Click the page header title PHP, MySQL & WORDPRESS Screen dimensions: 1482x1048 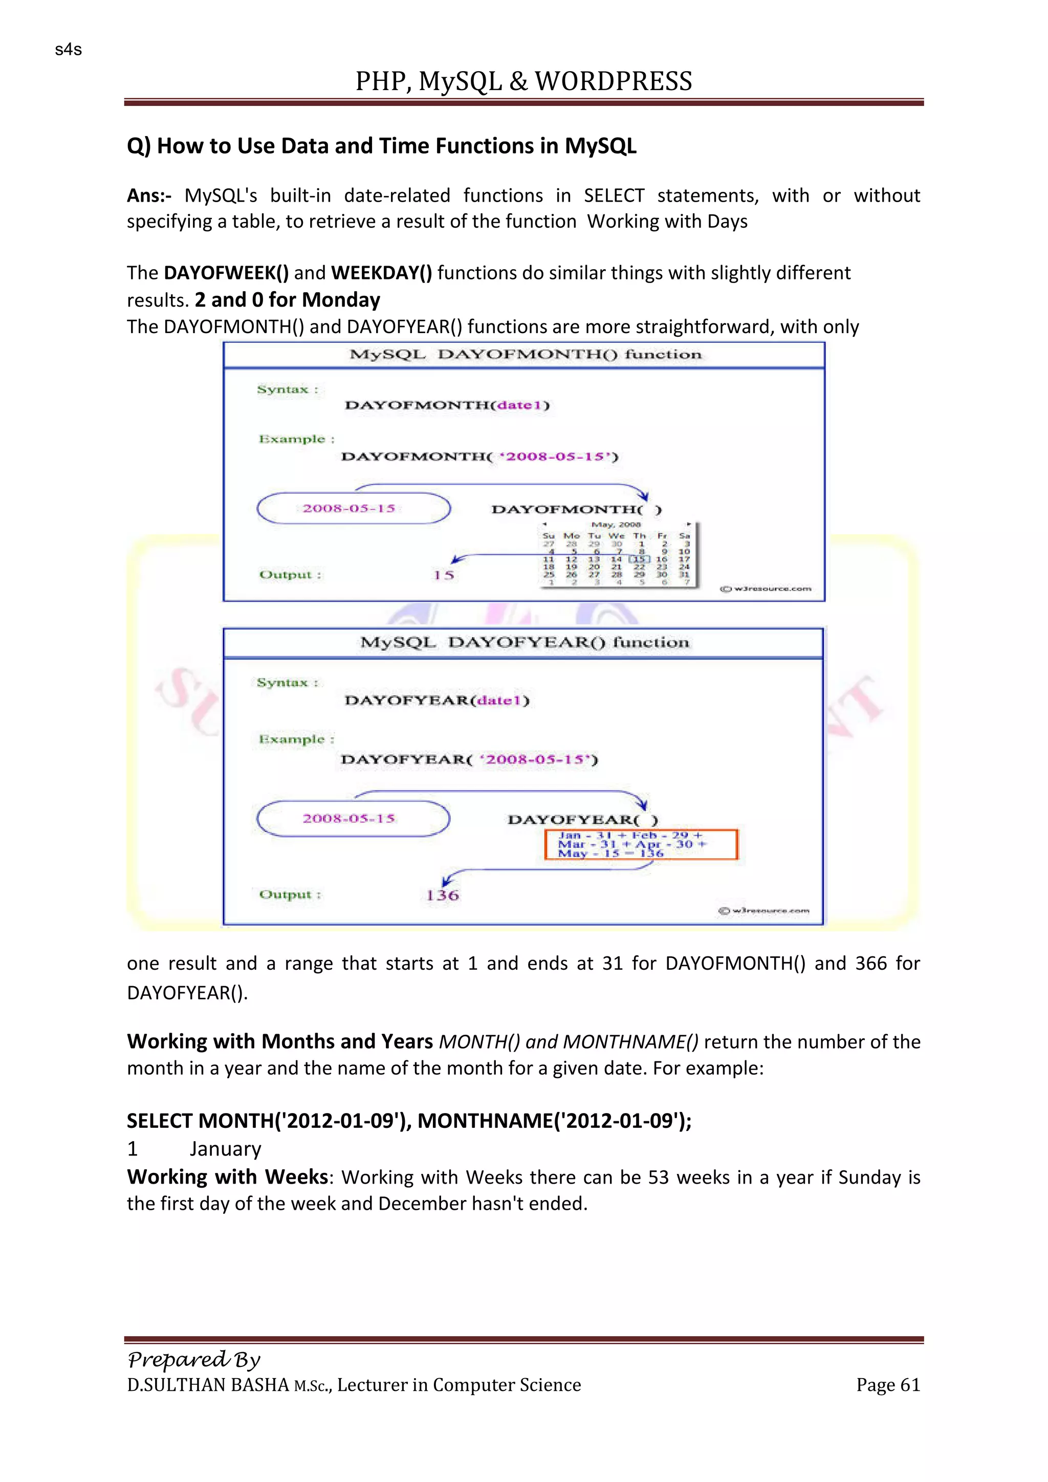pos(523,81)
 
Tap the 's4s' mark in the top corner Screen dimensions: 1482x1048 pos(69,50)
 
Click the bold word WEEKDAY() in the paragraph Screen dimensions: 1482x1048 pos(381,273)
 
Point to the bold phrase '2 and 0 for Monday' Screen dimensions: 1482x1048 pos(287,300)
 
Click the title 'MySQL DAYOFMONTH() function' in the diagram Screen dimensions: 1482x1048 pos(525,354)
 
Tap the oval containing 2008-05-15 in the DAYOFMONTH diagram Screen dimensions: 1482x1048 pos(353,508)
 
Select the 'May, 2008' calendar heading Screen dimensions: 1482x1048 pos(616,525)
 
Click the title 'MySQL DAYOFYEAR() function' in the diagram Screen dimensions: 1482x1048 pos(524,642)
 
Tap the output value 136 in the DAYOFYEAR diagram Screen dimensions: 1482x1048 pos(442,895)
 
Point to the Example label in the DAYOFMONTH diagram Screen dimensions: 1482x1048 pos(296,440)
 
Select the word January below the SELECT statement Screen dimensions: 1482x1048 pos(225,1149)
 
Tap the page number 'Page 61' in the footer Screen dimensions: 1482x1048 pos(887,1385)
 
